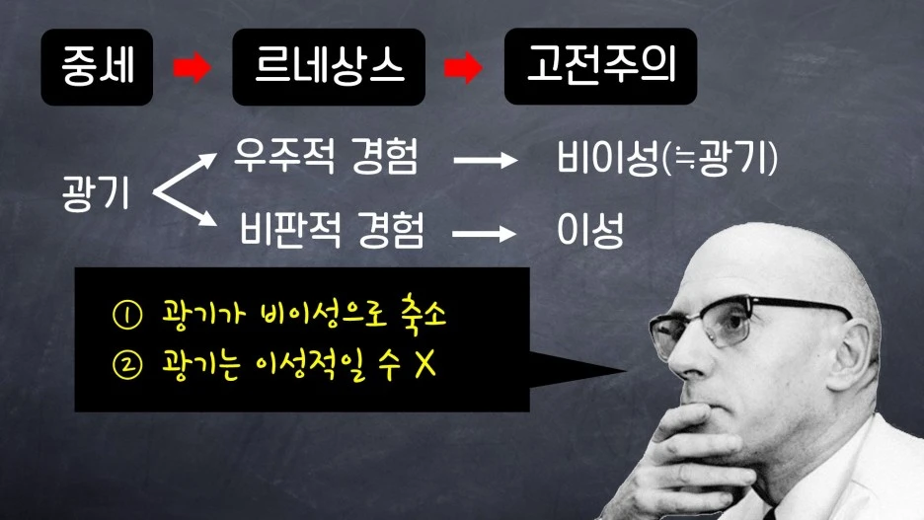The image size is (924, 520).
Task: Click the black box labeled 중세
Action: pyautogui.click(x=97, y=67)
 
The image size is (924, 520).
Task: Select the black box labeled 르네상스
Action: pyautogui.click(x=329, y=67)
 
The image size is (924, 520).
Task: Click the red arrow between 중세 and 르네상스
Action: pyautogui.click(x=192, y=68)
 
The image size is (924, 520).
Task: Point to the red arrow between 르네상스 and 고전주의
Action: pyautogui.click(x=464, y=68)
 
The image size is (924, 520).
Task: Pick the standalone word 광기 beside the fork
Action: pyautogui.click(x=95, y=194)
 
